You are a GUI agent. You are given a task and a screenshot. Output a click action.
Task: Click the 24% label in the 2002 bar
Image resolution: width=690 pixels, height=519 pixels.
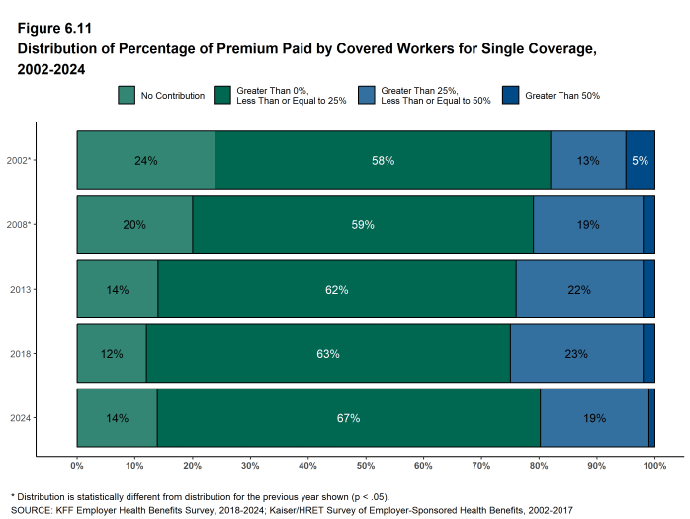(x=146, y=160)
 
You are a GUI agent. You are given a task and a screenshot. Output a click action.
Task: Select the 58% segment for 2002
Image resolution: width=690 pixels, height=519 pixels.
(x=383, y=160)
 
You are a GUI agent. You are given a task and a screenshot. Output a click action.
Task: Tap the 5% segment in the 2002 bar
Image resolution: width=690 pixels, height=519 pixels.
(x=640, y=160)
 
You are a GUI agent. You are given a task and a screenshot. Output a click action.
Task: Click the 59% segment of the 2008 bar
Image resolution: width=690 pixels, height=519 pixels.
(x=363, y=225)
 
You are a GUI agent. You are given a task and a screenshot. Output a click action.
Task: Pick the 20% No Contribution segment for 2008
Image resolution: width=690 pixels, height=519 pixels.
(x=134, y=225)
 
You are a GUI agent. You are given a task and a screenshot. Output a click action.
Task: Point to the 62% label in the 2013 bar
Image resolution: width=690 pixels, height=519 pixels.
(x=336, y=290)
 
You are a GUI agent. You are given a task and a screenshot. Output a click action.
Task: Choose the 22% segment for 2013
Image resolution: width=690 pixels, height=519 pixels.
(x=579, y=290)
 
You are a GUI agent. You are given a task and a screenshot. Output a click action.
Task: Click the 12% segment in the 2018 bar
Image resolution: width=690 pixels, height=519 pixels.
(x=112, y=354)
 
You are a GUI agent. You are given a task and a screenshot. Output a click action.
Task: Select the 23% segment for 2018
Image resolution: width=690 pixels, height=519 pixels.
(x=576, y=354)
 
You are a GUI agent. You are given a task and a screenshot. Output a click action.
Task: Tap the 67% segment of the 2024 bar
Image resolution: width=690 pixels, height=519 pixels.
(x=348, y=418)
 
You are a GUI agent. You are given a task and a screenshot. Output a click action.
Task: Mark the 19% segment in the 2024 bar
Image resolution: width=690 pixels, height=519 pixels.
(x=594, y=418)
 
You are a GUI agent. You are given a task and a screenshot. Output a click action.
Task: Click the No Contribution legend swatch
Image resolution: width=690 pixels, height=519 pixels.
(x=127, y=96)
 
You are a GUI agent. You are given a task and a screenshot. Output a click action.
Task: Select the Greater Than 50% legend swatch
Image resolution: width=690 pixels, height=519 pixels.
(x=510, y=96)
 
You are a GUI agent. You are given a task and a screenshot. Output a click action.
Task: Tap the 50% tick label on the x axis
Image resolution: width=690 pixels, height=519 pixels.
(x=366, y=465)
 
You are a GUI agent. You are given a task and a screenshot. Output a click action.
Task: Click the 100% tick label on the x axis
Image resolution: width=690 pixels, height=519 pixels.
(x=653, y=465)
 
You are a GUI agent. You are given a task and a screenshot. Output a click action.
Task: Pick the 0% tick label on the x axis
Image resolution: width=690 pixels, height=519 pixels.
(x=77, y=465)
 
